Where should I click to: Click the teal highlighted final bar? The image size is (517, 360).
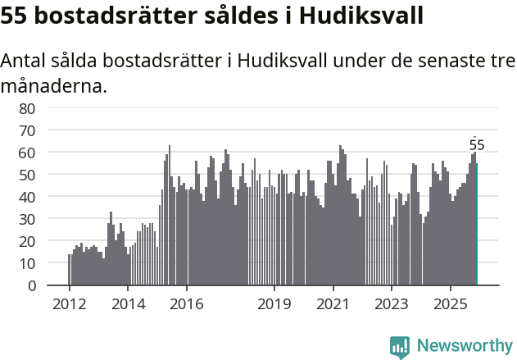[x=477, y=224]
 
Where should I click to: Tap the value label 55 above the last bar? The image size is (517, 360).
[x=477, y=145]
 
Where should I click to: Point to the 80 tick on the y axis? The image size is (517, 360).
[x=27, y=108]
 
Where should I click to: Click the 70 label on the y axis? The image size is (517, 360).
[x=27, y=130]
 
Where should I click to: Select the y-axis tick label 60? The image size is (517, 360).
[x=27, y=153]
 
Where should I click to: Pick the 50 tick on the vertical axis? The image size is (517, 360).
[x=27, y=175]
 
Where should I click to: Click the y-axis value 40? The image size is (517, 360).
[x=27, y=197]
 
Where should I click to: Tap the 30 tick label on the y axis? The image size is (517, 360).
[x=27, y=219]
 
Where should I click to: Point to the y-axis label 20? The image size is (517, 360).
[x=27, y=241]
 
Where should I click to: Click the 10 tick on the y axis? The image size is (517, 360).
[x=27, y=263]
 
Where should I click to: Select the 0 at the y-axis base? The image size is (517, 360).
[x=31, y=285]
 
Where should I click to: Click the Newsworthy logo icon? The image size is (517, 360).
[x=400, y=346]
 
